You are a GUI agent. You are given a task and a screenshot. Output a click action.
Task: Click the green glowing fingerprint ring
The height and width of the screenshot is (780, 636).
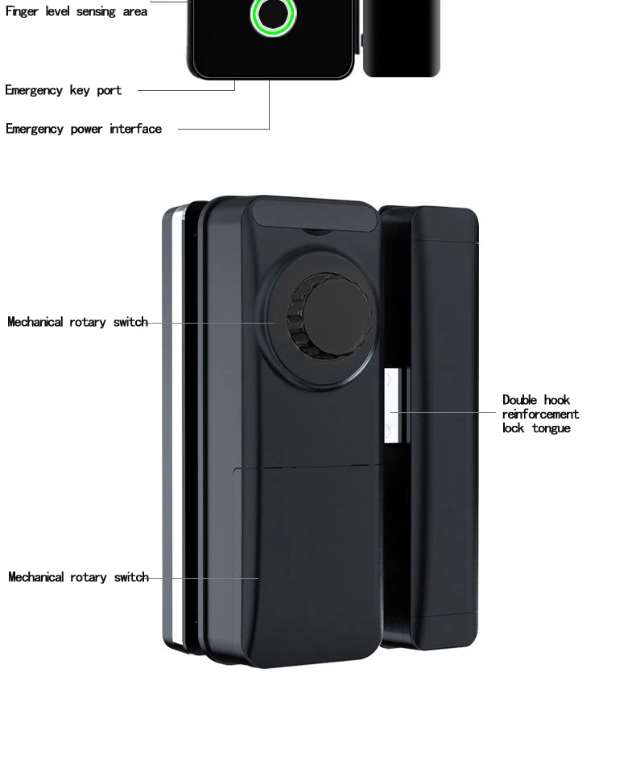(x=273, y=15)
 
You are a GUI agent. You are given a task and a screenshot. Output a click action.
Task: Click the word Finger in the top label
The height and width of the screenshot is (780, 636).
(x=22, y=12)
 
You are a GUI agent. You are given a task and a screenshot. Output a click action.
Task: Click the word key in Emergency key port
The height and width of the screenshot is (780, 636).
(x=80, y=90)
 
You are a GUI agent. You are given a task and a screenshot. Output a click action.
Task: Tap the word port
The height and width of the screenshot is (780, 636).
(x=109, y=90)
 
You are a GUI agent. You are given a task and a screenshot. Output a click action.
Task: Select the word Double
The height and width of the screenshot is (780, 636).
(x=520, y=400)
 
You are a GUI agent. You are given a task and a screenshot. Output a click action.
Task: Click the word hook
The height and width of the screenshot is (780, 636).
(x=556, y=400)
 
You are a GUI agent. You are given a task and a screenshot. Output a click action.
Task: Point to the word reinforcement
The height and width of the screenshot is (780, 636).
(x=540, y=415)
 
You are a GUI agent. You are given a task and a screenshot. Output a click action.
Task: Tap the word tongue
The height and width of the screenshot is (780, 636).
(x=551, y=428)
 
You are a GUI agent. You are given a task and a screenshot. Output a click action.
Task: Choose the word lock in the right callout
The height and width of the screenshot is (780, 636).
(x=514, y=428)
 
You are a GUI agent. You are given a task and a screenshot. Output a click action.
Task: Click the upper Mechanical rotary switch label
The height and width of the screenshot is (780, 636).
(x=78, y=322)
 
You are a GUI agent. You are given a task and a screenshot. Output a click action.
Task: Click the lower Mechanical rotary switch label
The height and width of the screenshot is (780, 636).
(x=78, y=577)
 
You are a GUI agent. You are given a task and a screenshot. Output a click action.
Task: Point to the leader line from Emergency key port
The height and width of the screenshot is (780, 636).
(x=185, y=90)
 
